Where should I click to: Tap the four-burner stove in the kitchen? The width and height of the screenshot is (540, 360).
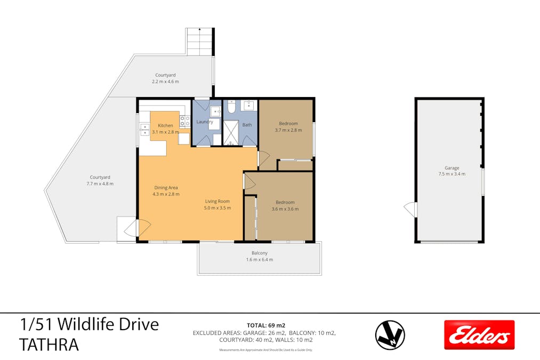pos(185,122)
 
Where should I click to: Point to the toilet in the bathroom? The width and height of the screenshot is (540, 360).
pos(231,107)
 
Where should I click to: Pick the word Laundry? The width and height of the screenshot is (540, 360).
pos(205,122)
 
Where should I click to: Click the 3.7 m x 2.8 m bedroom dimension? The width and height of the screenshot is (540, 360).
pos(288,130)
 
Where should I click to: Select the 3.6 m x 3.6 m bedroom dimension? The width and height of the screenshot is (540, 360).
pos(285,209)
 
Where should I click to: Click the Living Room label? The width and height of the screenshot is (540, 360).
pos(218,201)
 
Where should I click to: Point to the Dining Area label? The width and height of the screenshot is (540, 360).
pos(166,187)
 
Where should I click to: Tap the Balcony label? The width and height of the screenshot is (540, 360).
pos(260,253)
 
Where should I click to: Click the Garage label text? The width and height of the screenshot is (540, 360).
pos(452,167)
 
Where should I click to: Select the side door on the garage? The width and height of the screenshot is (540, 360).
pos(410,209)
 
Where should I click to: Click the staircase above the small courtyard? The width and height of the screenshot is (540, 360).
pos(200,42)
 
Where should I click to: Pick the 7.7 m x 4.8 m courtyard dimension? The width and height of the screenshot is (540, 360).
pos(100,183)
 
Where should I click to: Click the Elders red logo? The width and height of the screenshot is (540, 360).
pos(479,334)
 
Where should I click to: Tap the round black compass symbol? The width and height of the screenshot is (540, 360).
pos(390,335)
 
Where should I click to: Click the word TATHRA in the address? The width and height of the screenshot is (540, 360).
pos(49,345)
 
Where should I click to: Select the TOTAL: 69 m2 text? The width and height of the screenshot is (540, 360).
pos(265,325)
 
